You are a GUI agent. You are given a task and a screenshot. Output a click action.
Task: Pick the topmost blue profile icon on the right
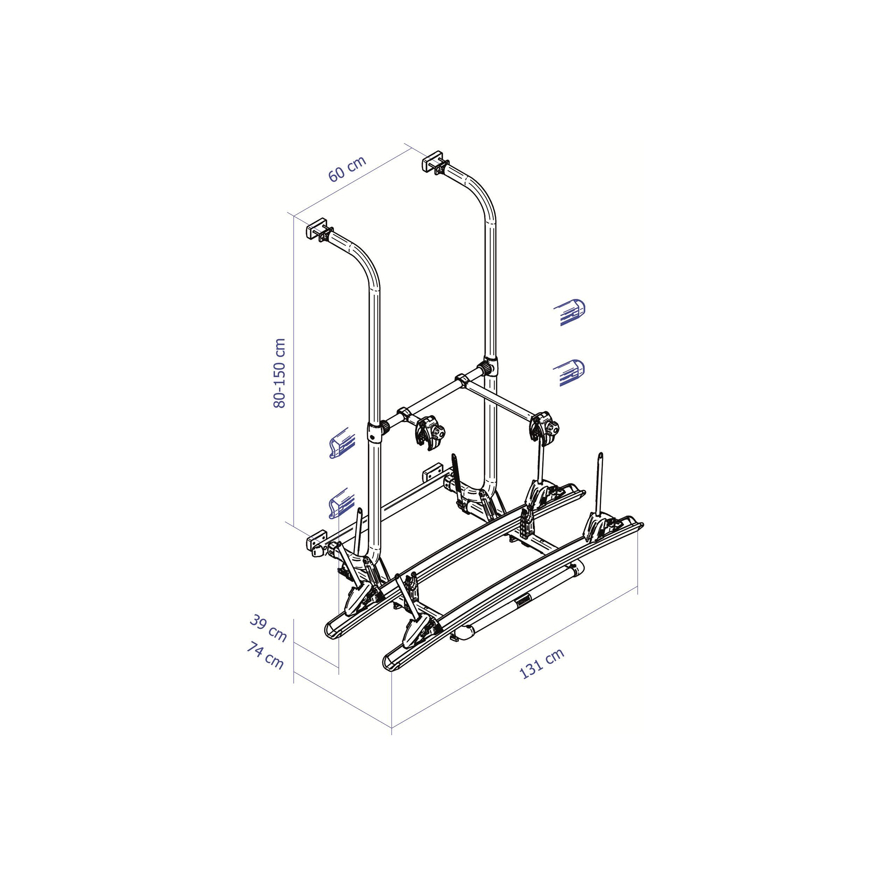coord(570,313)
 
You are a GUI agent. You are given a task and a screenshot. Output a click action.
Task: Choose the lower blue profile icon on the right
coord(570,372)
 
